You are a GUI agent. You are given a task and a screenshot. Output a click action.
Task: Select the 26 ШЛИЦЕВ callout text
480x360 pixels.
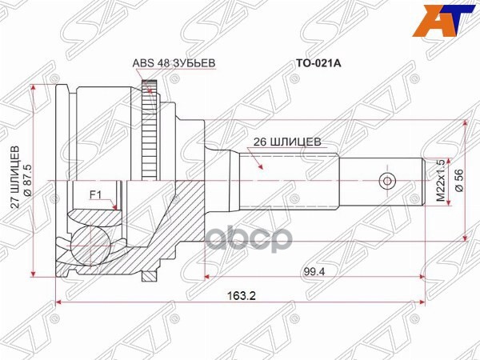click(x=286, y=142)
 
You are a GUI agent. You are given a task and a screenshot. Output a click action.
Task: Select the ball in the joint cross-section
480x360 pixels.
click(x=90, y=245)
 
